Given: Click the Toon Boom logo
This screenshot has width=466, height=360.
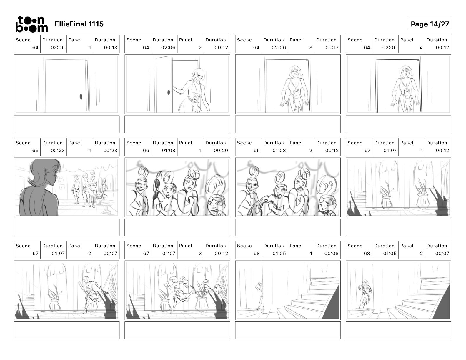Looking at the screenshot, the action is (x=32, y=24).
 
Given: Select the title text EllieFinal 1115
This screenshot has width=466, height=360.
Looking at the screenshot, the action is (x=79, y=24).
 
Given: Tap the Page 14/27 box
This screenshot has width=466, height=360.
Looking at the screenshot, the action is (x=430, y=24).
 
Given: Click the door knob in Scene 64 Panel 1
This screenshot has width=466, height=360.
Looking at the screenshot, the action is (x=81, y=97).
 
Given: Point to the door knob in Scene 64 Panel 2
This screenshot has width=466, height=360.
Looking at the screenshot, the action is (x=169, y=92).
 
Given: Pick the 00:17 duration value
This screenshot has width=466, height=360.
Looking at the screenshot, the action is (x=332, y=48).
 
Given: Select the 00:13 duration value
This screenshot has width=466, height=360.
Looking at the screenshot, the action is (x=111, y=48).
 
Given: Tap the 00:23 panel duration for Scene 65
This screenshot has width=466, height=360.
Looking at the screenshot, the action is (x=110, y=151).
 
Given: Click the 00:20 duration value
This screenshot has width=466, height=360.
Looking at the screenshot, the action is (x=221, y=151).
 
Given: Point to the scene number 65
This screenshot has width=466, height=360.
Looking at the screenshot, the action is (x=35, y=151).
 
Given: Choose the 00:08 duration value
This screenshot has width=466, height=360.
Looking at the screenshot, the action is (x=331, y=254).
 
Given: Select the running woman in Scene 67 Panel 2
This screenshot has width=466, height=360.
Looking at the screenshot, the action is (x=90, y=294).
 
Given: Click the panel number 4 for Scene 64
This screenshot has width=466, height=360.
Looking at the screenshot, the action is (x=421, y=48).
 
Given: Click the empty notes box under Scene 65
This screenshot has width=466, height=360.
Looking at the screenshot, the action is (x=67, y=227).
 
